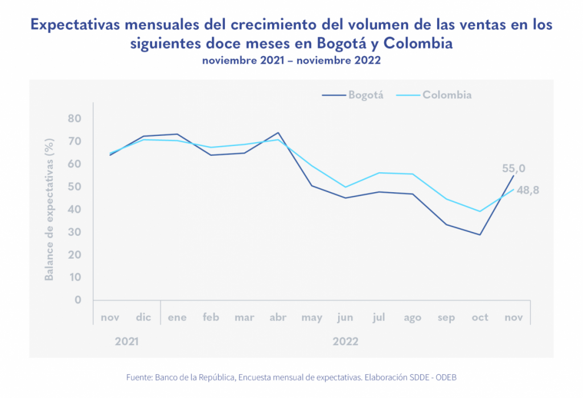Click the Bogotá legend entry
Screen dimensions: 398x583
pos(353,95)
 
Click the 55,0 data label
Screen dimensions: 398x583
pos(514,168)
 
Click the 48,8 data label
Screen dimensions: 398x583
pos(528,190)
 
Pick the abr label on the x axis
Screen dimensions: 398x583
pos(278,317)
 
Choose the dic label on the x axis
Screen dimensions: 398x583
pos(143,317)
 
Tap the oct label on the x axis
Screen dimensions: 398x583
pos(480,317)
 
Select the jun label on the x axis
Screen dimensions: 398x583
pos(345,317)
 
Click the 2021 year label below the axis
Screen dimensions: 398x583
pos(126,342)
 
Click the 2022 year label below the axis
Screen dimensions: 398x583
pos(346,342)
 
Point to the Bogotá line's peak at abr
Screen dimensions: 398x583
pos(278,132)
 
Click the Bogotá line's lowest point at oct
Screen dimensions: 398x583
pos(480,235)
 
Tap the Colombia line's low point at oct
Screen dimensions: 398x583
pos(480,212)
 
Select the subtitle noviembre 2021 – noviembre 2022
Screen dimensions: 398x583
pos(291,61)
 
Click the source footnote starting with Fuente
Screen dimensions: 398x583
pos(291,377)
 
